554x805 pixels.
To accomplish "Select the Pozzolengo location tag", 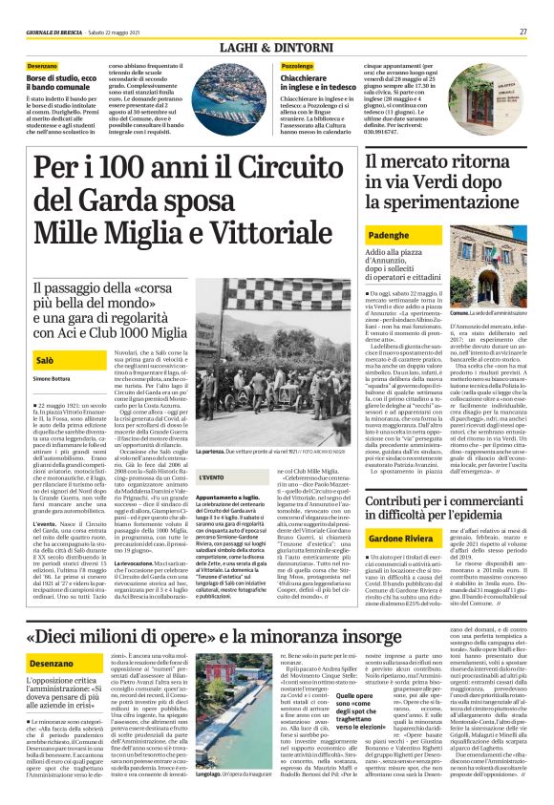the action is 299,65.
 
